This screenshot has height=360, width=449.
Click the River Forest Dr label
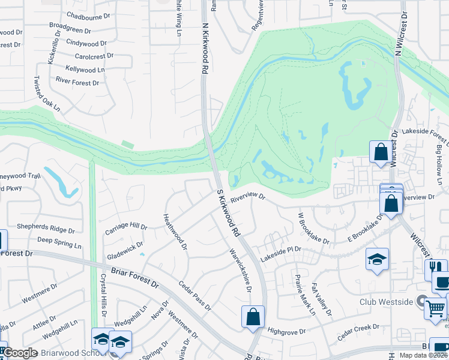coord(77,82)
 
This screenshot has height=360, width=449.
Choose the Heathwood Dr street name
coord(175,231)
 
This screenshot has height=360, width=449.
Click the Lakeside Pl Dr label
coord(280,253)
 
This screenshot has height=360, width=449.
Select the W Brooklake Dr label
coord(314,228)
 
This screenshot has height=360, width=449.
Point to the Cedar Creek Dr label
coord(358,332)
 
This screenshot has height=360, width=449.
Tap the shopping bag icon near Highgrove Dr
coord(253,316)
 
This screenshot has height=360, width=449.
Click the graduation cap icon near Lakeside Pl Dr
coord(378,259)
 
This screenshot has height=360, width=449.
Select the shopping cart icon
coord(436,308)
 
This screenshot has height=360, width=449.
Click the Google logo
coord(20,353)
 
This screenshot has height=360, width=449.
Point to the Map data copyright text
coord(422,355)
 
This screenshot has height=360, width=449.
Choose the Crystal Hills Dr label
coord(104,292)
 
